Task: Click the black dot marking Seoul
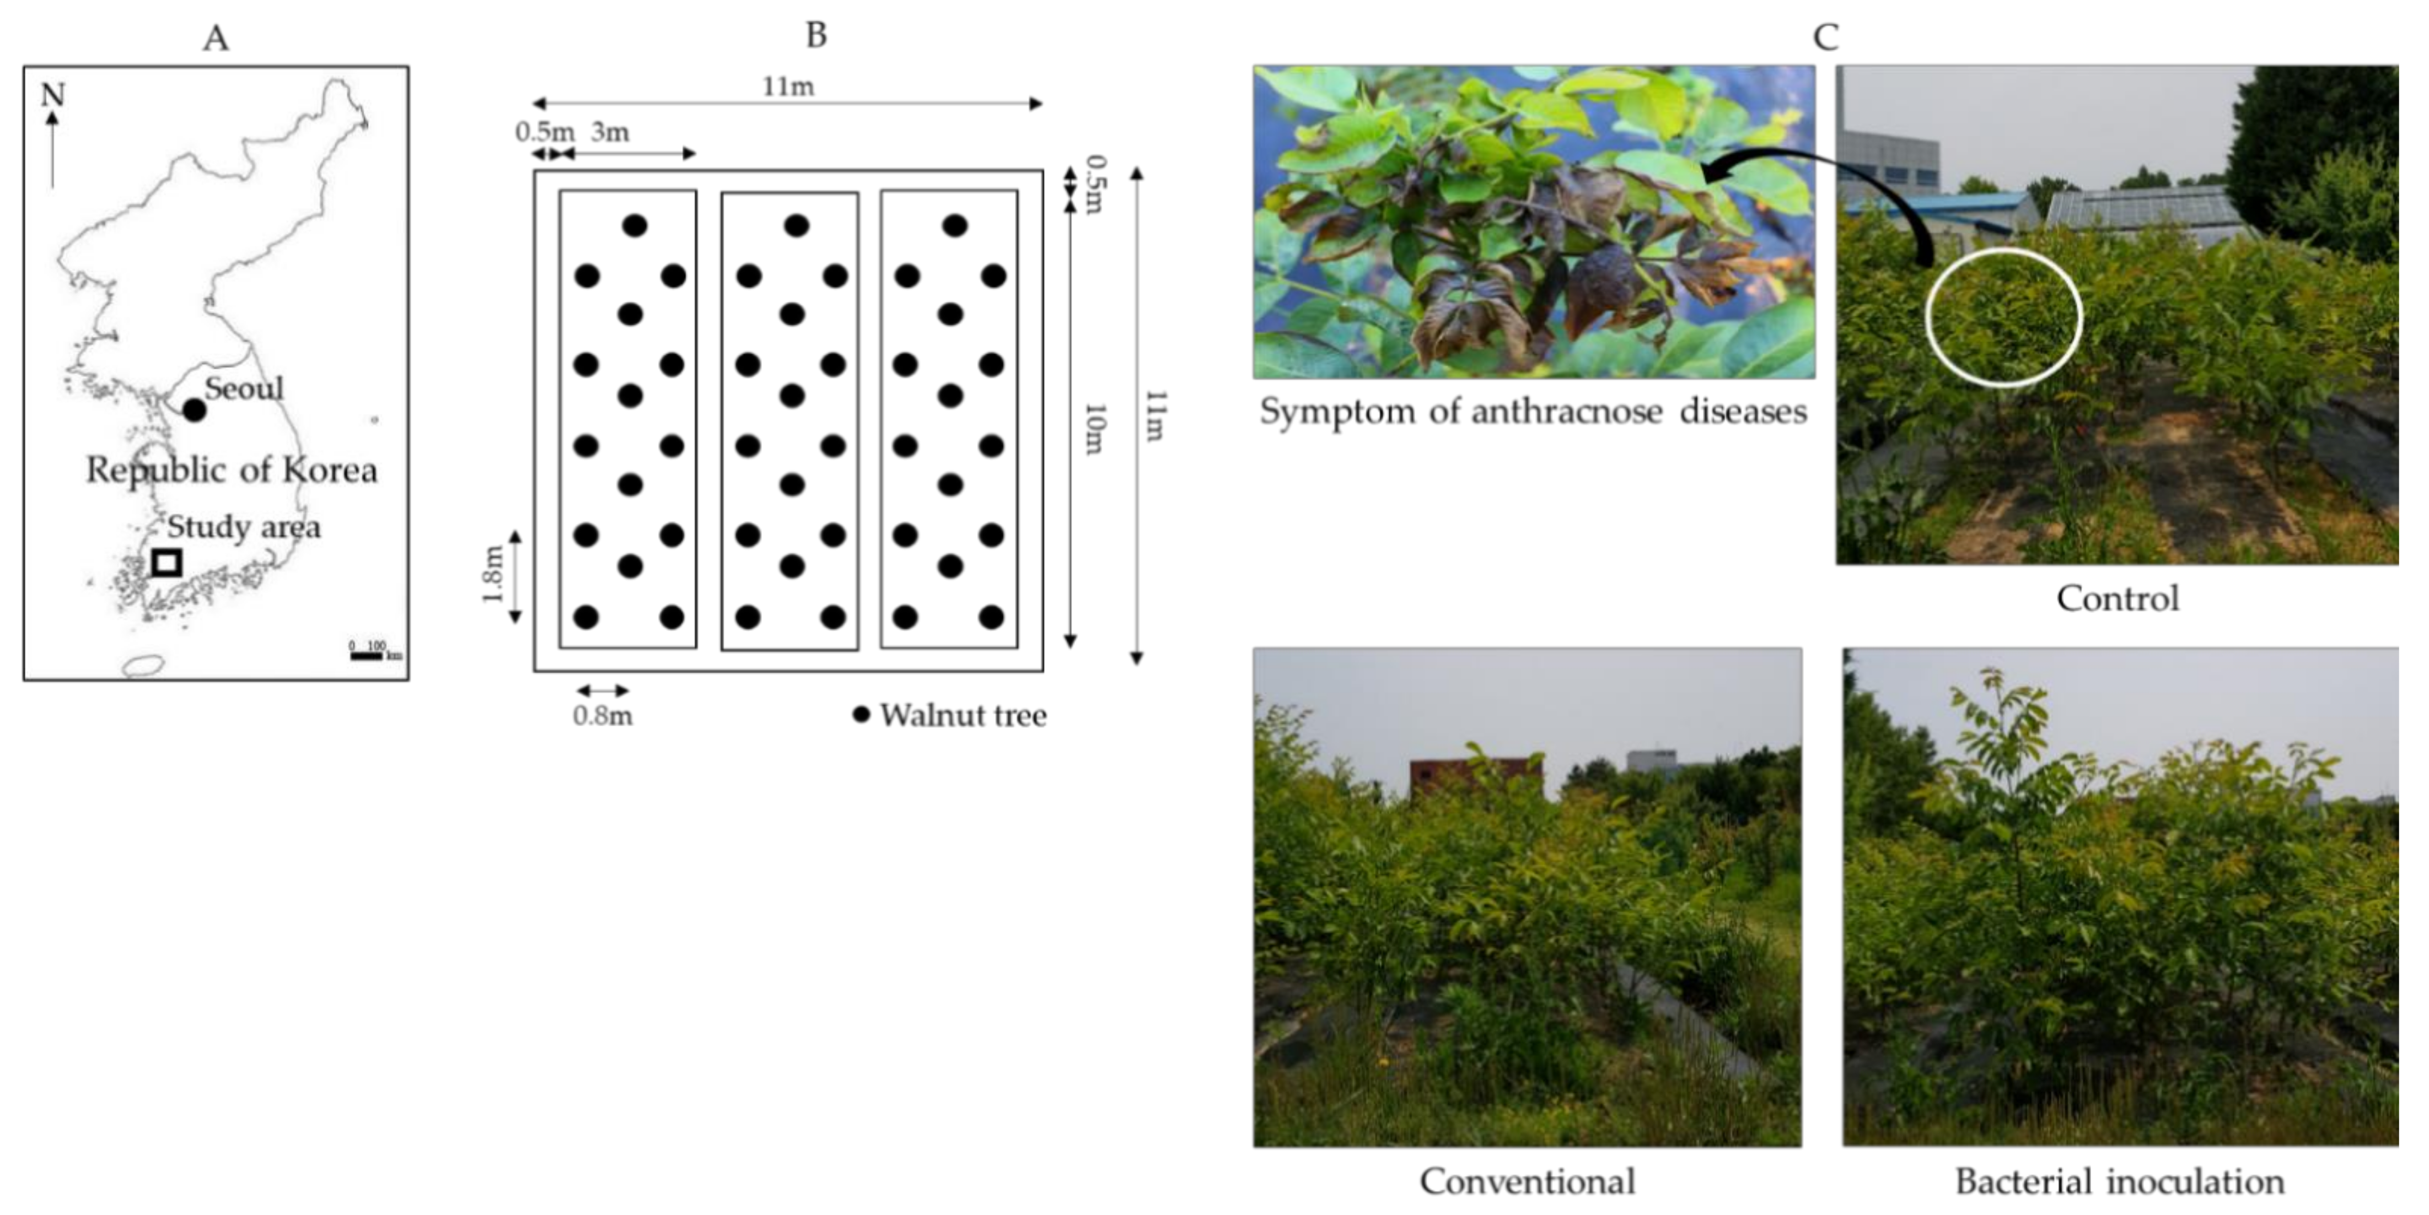pyautogui.click(x=194, y=410)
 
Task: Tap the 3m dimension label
pyautogui.click(x=610, y=132)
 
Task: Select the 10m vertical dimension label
pyautogui.click(x=1094, y=429)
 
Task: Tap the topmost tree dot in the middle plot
pyautogui.click(x=797, y=225)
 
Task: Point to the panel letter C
pyautogui.click(x=1825, y=37)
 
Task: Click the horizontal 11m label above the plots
pyautogui.click(x=788, y=87)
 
